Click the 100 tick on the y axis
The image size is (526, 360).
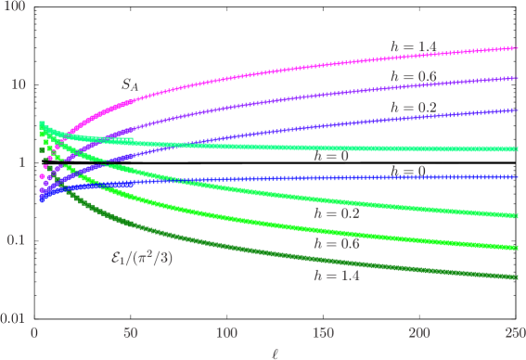pyautogui.click(x=13, y=6)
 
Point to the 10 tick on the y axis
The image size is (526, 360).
pyautogui.click(x=16, y=84)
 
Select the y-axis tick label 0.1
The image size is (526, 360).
pyautogui.click(x=14, y=240)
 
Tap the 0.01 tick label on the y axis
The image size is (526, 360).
pyautogui.click(x=11, y=318)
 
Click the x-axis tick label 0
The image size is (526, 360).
pyautogui.click(x=34, y=333)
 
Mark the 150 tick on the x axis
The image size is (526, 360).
pyautogui.click(x=323, y=333)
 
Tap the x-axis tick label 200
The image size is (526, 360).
pyautogui.click(x=419, y=333)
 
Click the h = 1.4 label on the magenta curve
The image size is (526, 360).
pyautogui.click(x=413, y=45)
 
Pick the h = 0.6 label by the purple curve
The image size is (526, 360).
pyautogui.click(x=413, y=76)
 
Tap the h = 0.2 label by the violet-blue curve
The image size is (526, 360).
pyautogui.click(x=413, y=109)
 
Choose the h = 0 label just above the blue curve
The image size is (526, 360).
pyautogui.click(x=407, y=171)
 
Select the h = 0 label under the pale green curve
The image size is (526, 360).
pyautogui.click(x=332, y=157)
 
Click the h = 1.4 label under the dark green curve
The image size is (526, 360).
pyautogui.click(x=336, y=276)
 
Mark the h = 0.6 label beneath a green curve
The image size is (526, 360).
pyautogui.click(x=336, y=244)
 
